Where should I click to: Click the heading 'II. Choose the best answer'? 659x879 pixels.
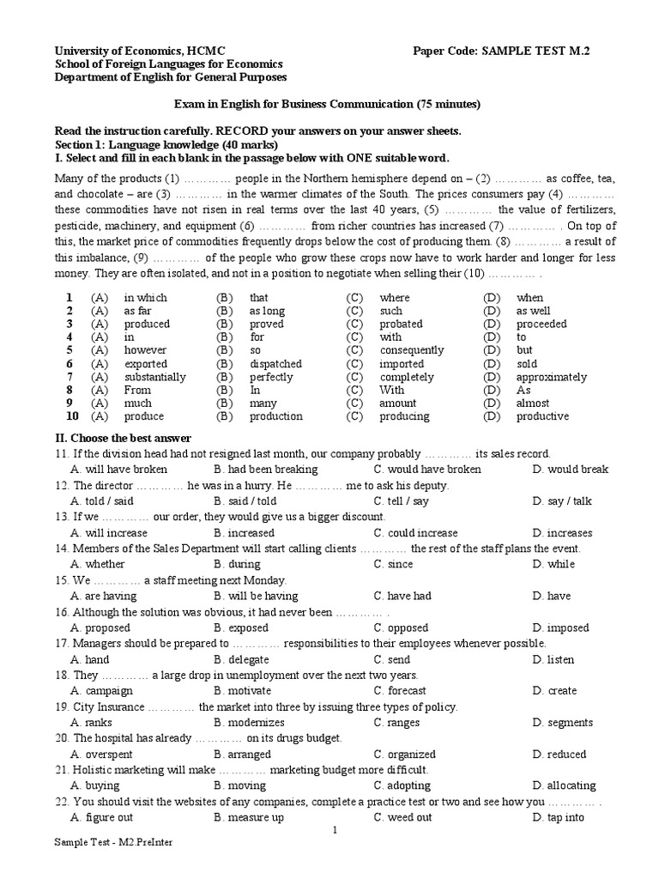coord(123,438)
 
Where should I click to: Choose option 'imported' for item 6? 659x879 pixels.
coord(402,363)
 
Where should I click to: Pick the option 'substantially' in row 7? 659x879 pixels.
coord(154,377)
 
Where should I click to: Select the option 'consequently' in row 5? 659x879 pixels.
coord(412,350)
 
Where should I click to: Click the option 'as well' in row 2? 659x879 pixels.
coord(533,311)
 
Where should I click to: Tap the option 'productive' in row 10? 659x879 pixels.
coord(542,416)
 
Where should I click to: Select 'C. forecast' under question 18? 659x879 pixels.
coord(400,690)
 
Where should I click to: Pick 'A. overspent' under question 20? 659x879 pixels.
coord(103,755)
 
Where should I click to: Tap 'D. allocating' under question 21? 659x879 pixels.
coord(564,785)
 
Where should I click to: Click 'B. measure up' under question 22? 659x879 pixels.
coord(249,817)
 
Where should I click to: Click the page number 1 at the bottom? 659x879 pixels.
coord(336,831)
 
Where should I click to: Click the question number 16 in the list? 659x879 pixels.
coord(62,612)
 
